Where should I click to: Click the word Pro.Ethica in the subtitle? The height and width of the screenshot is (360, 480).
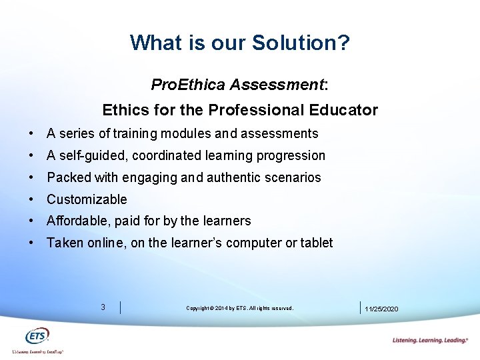tap(189, 85)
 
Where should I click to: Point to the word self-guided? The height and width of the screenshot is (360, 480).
tap(93, 155)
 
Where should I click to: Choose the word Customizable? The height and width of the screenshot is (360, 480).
tap(87, 199)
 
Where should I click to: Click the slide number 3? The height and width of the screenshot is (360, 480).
tap(103, 307)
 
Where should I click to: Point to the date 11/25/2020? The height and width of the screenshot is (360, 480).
tap(381, 309)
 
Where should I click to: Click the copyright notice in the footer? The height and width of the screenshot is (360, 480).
tap(239, 308)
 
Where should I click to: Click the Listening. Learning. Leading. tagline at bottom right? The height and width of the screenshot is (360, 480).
tap(430, 340)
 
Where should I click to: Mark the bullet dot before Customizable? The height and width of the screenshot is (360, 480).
tap(32, 199)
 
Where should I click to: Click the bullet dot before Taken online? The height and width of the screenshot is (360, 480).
tap(32, 243)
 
